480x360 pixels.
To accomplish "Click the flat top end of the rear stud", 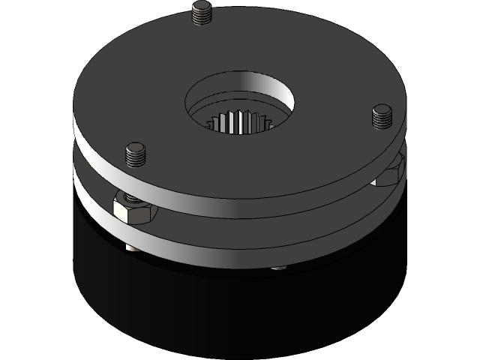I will [x=202, y=7].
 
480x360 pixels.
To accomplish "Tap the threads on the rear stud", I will [x=202, y=17].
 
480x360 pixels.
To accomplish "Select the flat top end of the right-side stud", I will [x=382, y=111].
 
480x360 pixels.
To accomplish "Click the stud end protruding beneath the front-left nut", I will [x=131, y=245].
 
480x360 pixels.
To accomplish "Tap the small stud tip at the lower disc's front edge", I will [x=279, y=267].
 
